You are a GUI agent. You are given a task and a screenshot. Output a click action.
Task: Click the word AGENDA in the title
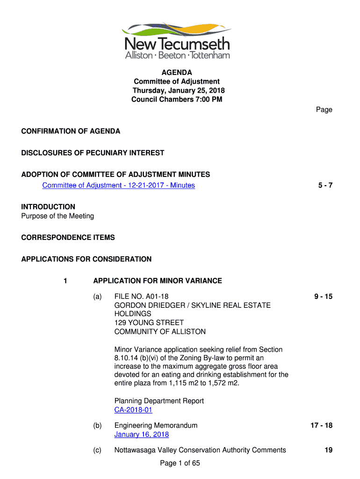point(177,73)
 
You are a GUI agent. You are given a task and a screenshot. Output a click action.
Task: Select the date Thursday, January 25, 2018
point(179,90)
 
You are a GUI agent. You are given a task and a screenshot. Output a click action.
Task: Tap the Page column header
point(324,109)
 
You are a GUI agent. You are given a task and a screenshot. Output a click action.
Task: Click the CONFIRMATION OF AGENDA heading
point(71,131)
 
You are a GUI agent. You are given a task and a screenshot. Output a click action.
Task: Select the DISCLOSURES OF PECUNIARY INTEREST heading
point(93,153)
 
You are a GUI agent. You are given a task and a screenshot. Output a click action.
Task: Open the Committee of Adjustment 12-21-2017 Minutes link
point(118,185)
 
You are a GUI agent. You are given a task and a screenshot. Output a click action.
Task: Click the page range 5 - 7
point(325,185)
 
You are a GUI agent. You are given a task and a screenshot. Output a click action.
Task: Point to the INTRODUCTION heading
point(48,207)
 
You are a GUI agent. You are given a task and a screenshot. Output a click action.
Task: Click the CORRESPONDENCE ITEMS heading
point(68,238)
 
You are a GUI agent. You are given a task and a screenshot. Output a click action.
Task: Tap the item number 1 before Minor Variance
point(65,281)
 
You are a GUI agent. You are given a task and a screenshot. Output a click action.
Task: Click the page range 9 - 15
point(323,297)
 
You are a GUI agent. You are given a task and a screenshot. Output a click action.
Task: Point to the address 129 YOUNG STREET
point(149,323)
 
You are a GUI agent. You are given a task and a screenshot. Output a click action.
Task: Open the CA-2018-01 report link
point(133,410)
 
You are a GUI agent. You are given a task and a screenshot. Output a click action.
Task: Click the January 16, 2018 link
point(142,435)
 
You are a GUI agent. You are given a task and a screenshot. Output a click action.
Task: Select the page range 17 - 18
point(321,426)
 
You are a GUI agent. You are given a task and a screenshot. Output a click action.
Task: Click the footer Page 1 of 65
point(180,463)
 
